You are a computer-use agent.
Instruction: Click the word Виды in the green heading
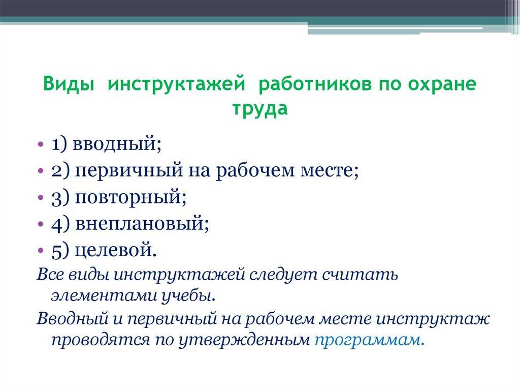[x=69, y=84]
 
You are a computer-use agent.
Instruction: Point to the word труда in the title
[x=260, y=109]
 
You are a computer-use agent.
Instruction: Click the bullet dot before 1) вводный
[x=41, y=144]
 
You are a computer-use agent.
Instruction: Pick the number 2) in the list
[x=60, y=171]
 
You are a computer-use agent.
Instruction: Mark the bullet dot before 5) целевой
[x=41, y=250]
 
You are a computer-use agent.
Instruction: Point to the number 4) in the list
[x=60, y=224]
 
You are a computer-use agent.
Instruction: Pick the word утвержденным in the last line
[x=243, y=340]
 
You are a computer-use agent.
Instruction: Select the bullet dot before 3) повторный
[x=41, y=198]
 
